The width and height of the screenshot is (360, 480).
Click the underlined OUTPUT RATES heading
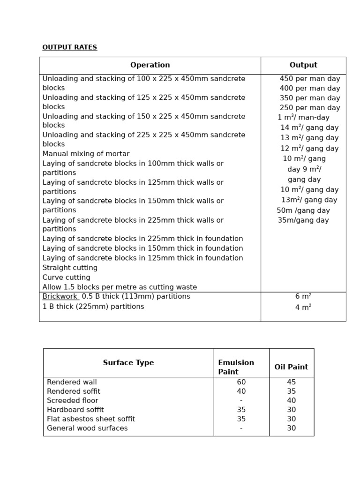[x=69, y=47]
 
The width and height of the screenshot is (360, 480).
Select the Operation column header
[x=150, y=65]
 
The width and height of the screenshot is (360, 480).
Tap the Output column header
[x=303, y=65]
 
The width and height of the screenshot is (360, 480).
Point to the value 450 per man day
[x=310, y=79]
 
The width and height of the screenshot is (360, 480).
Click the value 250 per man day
[x=310, y=108]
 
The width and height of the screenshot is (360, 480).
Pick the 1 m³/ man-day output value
[x=303, y=118]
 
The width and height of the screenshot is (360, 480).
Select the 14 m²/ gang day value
[x=309, y=127]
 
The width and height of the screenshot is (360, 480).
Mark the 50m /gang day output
[x=303, y=210]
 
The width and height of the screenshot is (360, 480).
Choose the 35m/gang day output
[x=303, y=220]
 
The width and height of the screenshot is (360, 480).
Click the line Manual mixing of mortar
[x=86, y=154]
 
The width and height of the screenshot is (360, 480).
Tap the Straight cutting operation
[x=70, y=268]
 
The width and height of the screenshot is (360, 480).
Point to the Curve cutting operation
[x=66, y=277]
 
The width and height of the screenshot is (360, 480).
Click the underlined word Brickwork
[x=60, y=297]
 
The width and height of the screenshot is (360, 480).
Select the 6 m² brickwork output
[x=303, y=297]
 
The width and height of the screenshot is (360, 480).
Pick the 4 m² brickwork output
[x=303, y=307]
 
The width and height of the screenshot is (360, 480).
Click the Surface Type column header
[x=128, y=363]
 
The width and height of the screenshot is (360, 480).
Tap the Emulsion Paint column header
[x=236, y=367]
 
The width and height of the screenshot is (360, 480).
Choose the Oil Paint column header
[x=291, y=367]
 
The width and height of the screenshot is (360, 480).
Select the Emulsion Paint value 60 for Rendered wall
[x=241, y=382]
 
